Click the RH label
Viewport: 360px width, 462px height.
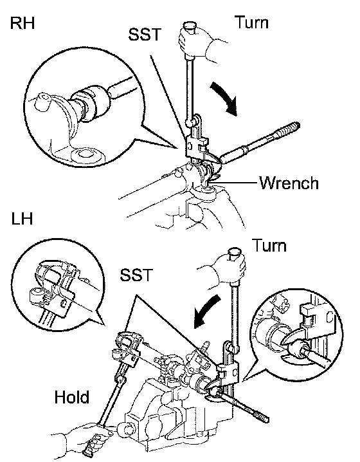click(22, 23)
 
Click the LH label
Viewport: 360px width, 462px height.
click(22, 219)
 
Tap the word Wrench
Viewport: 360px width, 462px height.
click(289, 183)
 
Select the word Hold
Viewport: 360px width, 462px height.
click(71, 397)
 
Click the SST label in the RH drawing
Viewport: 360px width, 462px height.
click(145, 34)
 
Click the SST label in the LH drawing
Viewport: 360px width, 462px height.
click(136, 275)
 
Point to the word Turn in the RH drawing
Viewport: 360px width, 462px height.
click(251, 23)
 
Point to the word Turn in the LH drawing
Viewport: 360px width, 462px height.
click(269, 245)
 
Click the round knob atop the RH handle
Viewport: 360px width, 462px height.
click(190, 26)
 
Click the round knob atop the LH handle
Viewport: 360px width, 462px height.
click(235, 252)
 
